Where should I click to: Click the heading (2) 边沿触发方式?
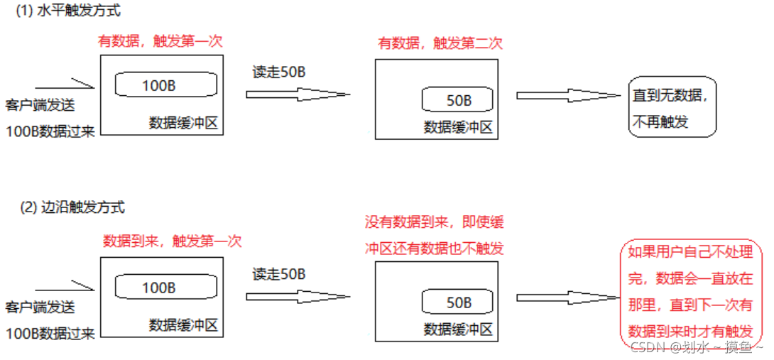[x=72, y=207]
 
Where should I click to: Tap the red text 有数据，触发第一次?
[x=160, y=41]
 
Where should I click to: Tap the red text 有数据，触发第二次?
[x=440, y=43]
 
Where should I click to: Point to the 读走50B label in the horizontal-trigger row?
[x=278, y=72]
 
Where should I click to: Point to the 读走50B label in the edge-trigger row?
[x=278, y=274]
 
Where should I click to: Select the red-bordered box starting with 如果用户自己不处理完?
[x=690, y=292]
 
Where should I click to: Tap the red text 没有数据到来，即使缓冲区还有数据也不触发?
[x=435, y=236]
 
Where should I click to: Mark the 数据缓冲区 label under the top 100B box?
[x=183, y=123]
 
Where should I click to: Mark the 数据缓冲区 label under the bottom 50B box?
[x=458, y=329]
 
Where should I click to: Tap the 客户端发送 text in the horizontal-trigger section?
[x=40, y=107]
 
